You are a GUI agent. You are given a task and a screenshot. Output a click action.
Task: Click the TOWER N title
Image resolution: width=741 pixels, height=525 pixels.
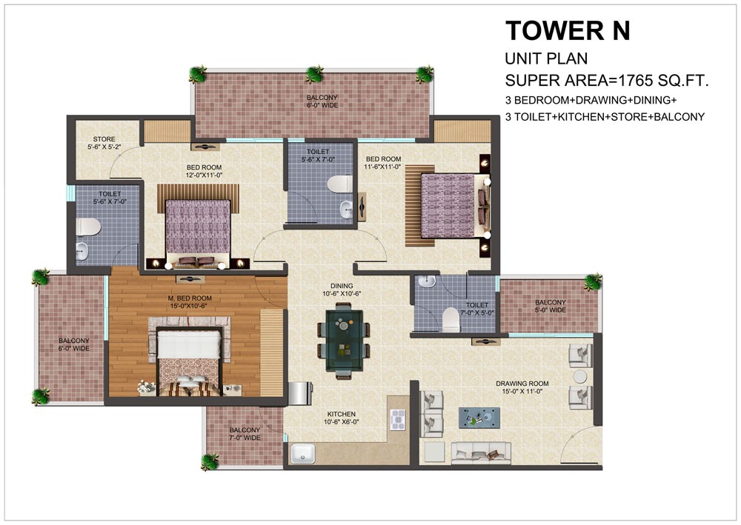point(568,31)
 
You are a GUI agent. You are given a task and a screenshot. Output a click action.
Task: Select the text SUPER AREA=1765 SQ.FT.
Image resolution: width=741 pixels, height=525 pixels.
point(607,81)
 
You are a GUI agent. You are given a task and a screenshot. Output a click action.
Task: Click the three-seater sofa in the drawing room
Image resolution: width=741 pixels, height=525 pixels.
point(480,452)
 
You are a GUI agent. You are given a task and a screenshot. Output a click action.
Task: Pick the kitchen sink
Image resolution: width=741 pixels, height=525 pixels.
point(303,452)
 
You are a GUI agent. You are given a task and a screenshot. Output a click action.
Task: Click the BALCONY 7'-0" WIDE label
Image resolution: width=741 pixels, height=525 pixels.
point(245,434)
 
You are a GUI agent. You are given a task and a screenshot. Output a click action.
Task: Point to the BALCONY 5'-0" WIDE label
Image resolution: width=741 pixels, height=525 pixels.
point(551,307)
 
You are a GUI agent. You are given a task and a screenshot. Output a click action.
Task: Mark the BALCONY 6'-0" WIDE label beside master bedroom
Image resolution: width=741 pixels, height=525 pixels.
point(74,344)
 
